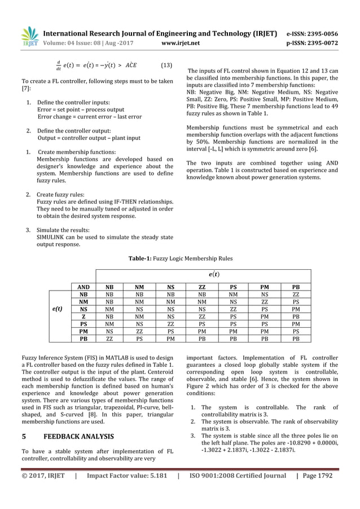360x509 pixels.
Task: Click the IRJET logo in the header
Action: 30,37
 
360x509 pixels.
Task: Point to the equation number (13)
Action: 166,64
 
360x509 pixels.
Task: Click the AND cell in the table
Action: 83,287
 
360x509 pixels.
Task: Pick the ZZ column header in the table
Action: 202,287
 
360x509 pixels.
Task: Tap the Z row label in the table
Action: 83,318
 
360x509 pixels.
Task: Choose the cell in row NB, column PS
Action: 233,295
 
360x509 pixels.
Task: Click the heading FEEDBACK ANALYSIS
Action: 78,436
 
